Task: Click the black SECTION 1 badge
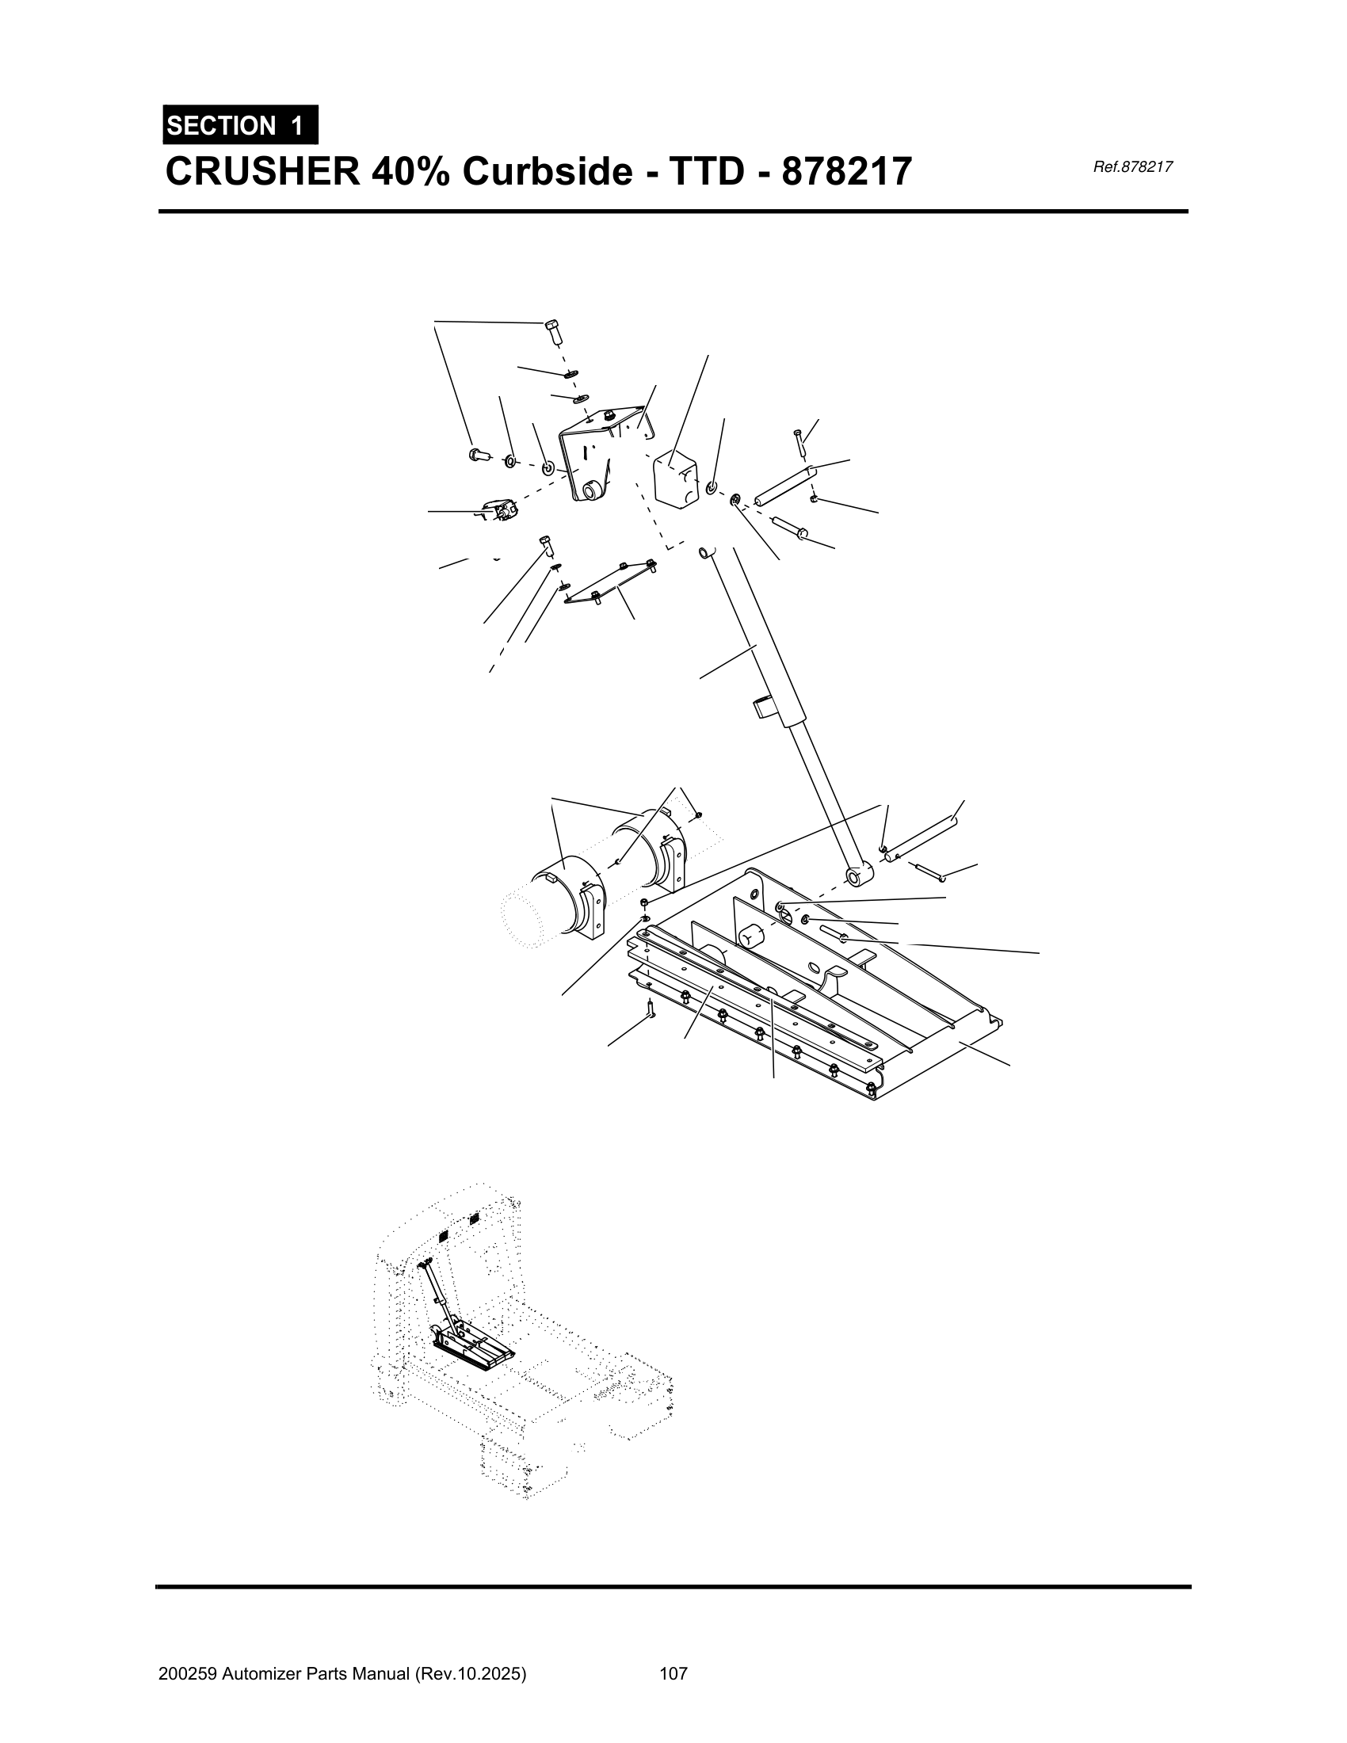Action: pos(240,125)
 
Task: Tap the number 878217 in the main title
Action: pos(846,172)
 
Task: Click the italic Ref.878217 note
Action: pos(1132,167)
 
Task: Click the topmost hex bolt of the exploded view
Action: pos(553,330)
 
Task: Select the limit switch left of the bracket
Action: pos(498,509)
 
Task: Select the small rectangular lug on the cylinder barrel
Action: pos(764,706)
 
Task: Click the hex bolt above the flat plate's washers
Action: pos(547,547)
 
